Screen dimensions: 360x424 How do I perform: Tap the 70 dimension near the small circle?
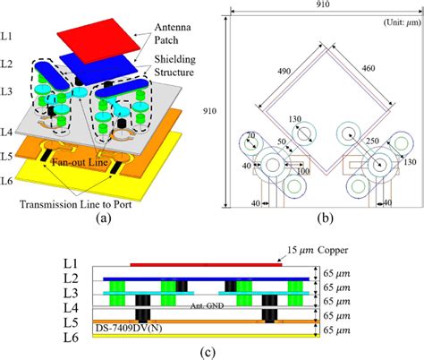[x=252, y=136]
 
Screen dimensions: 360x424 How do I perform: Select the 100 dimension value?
[x=304, y=171]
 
